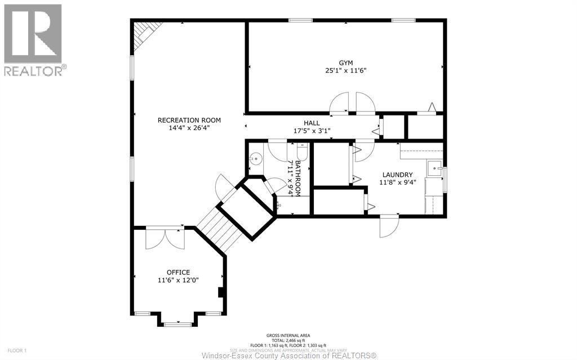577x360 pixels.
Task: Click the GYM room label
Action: coord(345,63)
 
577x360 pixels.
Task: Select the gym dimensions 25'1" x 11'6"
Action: coord(345,71)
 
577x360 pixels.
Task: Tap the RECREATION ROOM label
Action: coord(189,120)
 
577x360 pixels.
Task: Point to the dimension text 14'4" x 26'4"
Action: coord(189,128)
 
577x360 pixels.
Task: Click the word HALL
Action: coord(312,123)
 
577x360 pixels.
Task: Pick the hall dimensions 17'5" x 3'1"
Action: coord(312,131)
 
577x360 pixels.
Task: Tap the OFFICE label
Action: coord(178,272)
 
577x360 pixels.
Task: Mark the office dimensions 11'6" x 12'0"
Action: coord(178,280)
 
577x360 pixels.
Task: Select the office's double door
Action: coord(165,238)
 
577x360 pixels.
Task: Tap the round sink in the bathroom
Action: coord(256,159)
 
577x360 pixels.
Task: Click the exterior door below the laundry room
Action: coord(388,225)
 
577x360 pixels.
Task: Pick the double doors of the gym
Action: coord(352,104)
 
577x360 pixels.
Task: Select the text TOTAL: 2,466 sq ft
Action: coord(288,340)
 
